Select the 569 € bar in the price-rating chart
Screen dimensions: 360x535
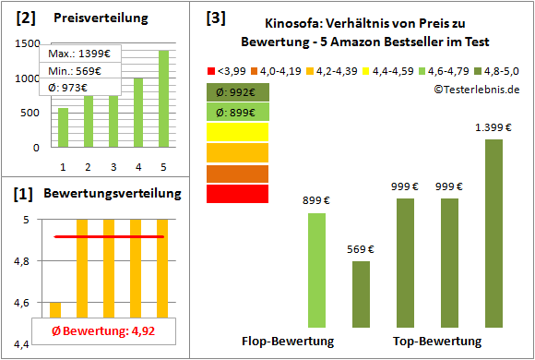point(361,294)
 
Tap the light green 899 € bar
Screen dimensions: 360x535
point(316,270)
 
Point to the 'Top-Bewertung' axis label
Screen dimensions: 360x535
point(437,342)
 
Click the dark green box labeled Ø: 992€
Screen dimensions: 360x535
point(237,92)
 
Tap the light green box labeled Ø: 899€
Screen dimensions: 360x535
point(237,113)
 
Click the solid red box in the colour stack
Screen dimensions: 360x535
point(237,194)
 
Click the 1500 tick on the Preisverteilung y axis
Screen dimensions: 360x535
point(28,43)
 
